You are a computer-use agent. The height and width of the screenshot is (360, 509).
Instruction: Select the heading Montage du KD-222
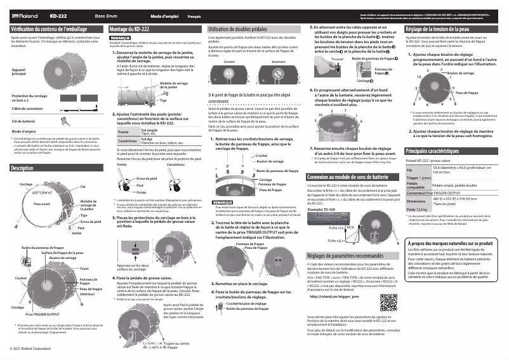[x=129, y=29]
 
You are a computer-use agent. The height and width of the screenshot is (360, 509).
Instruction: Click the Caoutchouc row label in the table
[x=128, y=140]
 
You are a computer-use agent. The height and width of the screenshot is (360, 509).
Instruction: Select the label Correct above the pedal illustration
[x=229, y=62]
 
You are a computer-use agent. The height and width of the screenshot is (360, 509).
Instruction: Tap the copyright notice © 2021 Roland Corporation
[x=30, y=349]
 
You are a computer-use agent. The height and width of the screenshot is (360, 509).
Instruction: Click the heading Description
[x=23, y=168]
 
